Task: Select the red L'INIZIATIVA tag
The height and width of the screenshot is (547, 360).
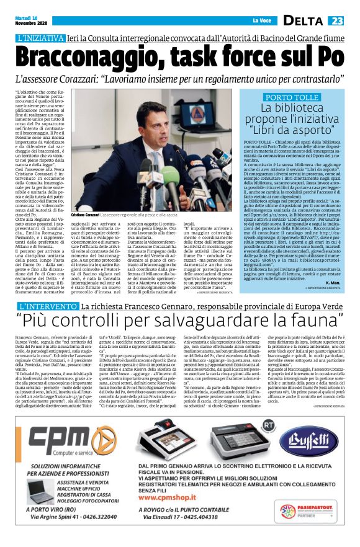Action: click(x=42, y=38)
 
